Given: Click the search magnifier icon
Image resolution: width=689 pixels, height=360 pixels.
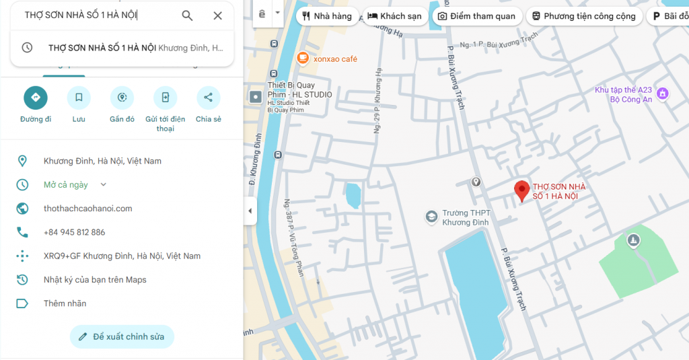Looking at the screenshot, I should pyautogui.click(x=187, y=15).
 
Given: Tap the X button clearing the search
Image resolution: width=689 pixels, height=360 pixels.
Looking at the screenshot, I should pyautogui.click(x=217, y=15).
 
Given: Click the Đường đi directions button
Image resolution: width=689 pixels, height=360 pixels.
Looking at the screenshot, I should pyautogui.click(x=36, y=98).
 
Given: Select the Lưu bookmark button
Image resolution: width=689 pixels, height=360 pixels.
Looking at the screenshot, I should pyautogui.click(x=79, y=98).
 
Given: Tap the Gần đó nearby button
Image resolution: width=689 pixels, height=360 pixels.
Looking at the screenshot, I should pyautogui.click(x=122, y=98).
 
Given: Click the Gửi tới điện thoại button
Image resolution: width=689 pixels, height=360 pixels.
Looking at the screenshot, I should pyautogui.click(x=165, y=98).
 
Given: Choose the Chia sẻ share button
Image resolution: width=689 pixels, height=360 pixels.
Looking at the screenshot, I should pyautogui.click(x=208, y=98).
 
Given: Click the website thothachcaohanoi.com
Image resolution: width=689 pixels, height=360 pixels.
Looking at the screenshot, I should pyautogui.click(x=87, y=209).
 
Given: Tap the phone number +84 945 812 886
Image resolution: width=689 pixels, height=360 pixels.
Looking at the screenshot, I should pyautogui.click(x=74, y=232).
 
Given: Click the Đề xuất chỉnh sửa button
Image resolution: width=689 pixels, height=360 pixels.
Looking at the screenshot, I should pyautogui.click(x=122, y=336).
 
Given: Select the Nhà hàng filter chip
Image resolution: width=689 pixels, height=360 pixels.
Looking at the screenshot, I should pyautogui.click(x=327, y=16).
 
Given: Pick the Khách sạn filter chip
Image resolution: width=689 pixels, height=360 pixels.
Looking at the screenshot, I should pyautogui.click(x=394, y=16).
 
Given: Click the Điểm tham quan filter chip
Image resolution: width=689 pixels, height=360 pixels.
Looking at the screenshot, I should pyautogui.click(x=476, y=16).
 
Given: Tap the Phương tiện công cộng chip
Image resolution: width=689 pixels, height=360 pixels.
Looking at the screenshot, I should pyautogui.click(x=583, y=16).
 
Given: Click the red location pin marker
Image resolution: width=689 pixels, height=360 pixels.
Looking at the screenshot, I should pyautogui.click(x=521, y=190).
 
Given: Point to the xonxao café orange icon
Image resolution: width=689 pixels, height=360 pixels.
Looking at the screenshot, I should pyautogui.click(x=303, y=59).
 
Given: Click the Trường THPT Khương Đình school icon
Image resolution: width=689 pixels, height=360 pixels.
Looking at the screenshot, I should pyautogui.click(x=431, y=217).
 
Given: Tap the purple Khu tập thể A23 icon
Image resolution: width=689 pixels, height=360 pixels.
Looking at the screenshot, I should pyautogui.click(x=663, y=93).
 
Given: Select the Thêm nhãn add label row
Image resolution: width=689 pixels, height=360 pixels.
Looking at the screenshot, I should pyautogui.click(x=65, y=303).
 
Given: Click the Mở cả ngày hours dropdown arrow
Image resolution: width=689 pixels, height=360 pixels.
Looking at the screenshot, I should pyautogui.click(x=103, y=184).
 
